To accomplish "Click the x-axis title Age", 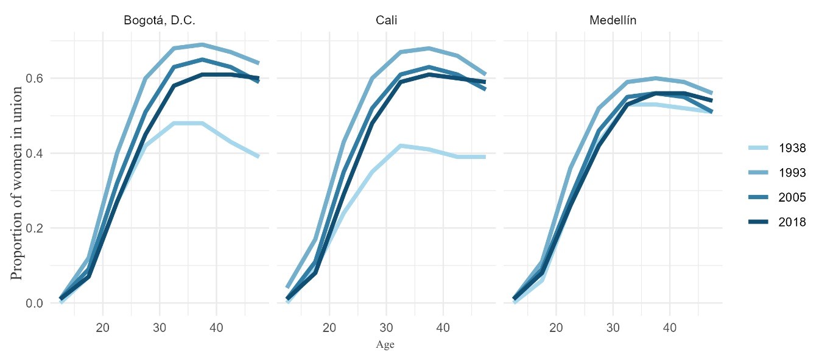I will pyautogui.click(x=385, y=345).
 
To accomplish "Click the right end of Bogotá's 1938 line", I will pyautogui.click(x=259, y=157).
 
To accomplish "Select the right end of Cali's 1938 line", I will pyautogui.click(x=485, y=157).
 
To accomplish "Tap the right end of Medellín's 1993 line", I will pyautogui.click(x=712, y=93).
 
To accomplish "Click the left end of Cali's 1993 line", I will pyautogui.click(x=287, y=288).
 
